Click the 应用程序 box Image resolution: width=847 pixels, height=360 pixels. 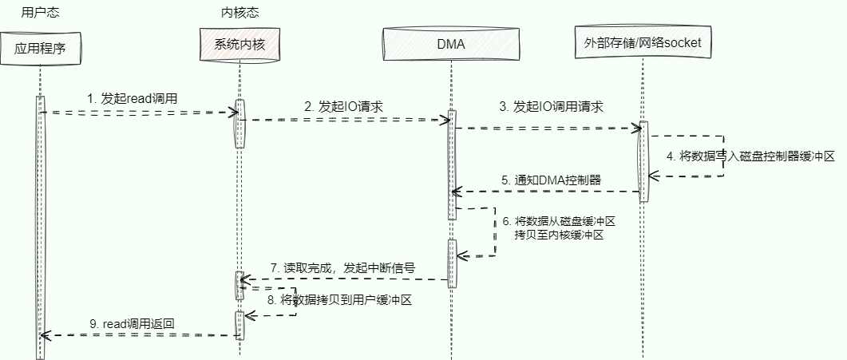coord(39,48)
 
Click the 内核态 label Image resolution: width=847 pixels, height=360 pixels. coord(239,13)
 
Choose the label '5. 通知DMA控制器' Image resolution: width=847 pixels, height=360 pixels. coord(551,180)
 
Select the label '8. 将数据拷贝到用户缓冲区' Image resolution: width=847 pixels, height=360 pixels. coord(345,301)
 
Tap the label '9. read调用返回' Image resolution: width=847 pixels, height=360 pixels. coord(133,324)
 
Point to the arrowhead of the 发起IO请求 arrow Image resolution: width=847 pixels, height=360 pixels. coord(449,120)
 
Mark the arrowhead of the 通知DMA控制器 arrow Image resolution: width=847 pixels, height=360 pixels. coord(454,192)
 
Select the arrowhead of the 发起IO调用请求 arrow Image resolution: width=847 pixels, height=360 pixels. coord(639,128)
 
